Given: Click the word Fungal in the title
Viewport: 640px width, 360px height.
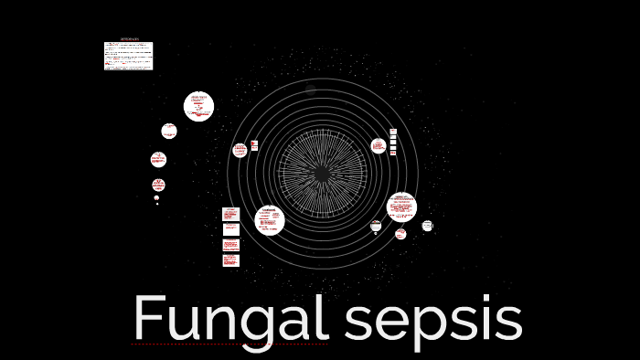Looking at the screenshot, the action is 229,320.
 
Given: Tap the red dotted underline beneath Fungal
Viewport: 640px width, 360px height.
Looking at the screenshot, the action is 229,344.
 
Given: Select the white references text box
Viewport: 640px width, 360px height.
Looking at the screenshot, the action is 128,56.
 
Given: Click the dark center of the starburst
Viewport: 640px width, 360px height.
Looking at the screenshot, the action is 322,173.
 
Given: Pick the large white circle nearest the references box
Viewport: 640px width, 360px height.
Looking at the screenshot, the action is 198,106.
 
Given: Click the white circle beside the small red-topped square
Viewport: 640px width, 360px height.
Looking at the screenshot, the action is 240,150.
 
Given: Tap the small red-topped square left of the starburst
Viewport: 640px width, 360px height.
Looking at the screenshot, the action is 254,145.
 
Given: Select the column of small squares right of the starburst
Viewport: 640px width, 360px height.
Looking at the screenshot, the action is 393,142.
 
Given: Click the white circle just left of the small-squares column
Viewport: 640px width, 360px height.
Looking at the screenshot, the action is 379,146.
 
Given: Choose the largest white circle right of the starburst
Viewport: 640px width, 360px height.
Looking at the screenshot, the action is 401,207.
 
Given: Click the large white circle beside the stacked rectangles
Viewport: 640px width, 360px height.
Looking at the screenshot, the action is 269,220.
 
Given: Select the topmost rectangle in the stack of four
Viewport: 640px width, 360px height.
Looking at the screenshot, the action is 230,214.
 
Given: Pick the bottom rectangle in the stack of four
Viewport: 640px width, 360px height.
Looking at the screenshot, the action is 230,260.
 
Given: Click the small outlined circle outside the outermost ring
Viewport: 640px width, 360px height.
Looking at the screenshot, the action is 427,226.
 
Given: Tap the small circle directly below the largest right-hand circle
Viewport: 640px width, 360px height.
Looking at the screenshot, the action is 400,234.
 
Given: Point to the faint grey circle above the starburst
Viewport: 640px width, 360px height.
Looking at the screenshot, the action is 311,90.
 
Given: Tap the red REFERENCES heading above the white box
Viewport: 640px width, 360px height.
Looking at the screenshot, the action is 129,39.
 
